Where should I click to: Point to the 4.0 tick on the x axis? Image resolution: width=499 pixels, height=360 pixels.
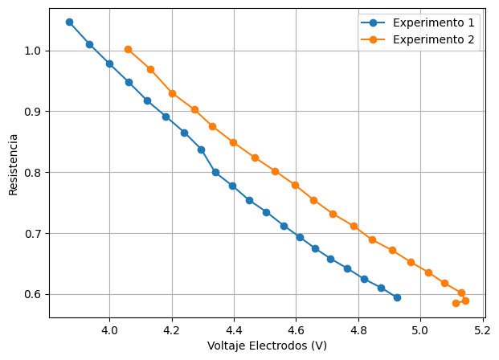110,329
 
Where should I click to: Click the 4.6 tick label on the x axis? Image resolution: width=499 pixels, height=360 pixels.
297,329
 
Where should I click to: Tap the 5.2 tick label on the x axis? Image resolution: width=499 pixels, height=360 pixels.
483,329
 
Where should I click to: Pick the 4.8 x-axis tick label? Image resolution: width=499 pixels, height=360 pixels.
358,329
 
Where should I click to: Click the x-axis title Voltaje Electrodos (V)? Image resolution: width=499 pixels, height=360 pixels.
267,346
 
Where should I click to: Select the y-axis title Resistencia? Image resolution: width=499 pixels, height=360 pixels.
13,164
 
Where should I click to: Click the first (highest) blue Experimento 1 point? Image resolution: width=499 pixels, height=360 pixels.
69,22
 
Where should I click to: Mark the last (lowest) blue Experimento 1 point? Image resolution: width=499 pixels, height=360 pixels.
397,297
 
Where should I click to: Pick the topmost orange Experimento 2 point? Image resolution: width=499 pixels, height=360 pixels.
128,49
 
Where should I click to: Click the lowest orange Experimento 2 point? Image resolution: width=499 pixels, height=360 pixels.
456,303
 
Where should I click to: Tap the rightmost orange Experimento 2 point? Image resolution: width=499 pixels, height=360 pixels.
465,301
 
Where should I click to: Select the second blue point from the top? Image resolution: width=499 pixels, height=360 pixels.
89,44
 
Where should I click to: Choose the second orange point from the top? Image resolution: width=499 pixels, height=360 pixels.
150,69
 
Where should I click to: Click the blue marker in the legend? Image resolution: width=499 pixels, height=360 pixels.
374,22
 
